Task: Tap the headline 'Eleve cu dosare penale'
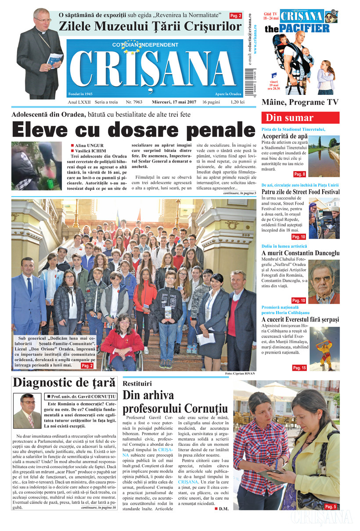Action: click(x=133, y=130)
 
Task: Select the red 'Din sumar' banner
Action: click(x=300, y=118)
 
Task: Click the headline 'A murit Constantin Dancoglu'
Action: click(x=300, y=253)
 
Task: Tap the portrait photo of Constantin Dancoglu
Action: click(x=324, y=282)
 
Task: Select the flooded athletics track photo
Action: click(x=324, y=156)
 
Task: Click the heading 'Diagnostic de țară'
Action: click(x=64, y=382)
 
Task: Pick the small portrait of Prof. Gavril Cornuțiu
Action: click(x=27, y=410)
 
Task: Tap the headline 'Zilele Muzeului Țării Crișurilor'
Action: click(x=150, y=27)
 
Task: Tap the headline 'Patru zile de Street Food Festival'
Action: click(x=300, y=191)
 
